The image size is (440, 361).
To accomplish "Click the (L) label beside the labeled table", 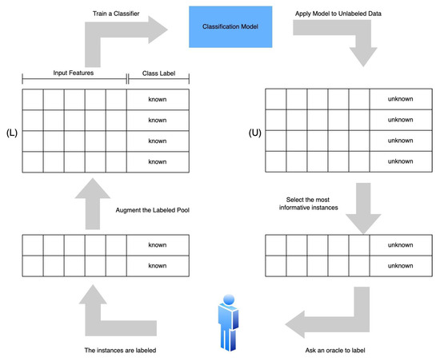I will click(x=10, y=129).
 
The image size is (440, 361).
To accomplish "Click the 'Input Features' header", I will click(x=74, y=73).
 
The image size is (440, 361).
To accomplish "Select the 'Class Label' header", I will click(x=158, y=73).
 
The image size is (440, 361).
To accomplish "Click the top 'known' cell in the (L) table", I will click(x=158, y=99).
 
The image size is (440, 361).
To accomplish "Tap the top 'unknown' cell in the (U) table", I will click(x=400, y=99).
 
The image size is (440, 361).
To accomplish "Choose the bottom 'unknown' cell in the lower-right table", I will click(x=400, y=265).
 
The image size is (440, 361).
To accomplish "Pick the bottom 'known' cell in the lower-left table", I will click(x=158, y=265).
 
